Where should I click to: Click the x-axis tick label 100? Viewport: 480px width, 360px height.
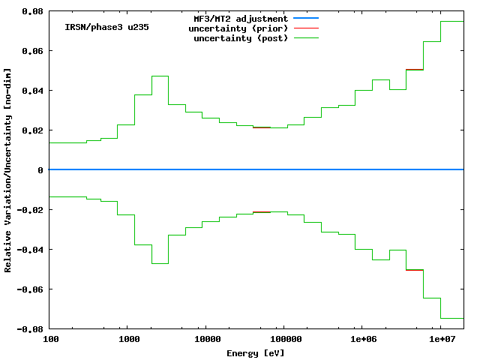click(x=49, y=340)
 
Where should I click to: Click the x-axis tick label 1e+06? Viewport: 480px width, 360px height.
click(x=362, y=340)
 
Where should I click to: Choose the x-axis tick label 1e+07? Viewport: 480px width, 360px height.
click(x=440, y=340)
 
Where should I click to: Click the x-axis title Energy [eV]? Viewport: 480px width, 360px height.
click(x=256, y=352)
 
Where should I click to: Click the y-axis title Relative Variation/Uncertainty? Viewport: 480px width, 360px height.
click(x=8, y=170)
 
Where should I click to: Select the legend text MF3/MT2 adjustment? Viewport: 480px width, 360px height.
click(x=241, y=18)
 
